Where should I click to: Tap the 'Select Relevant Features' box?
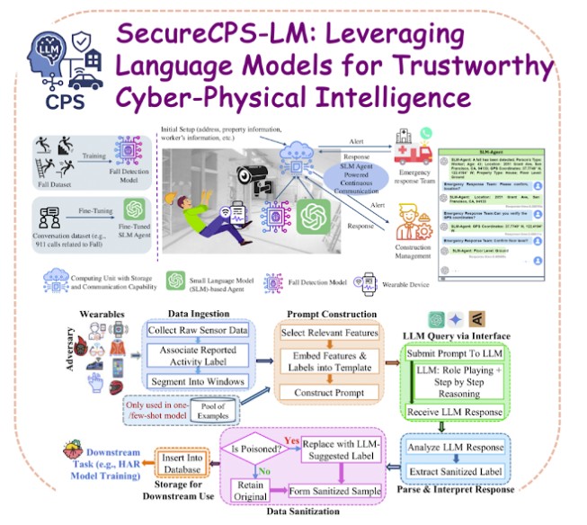325,334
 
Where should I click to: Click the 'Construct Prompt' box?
325,392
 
